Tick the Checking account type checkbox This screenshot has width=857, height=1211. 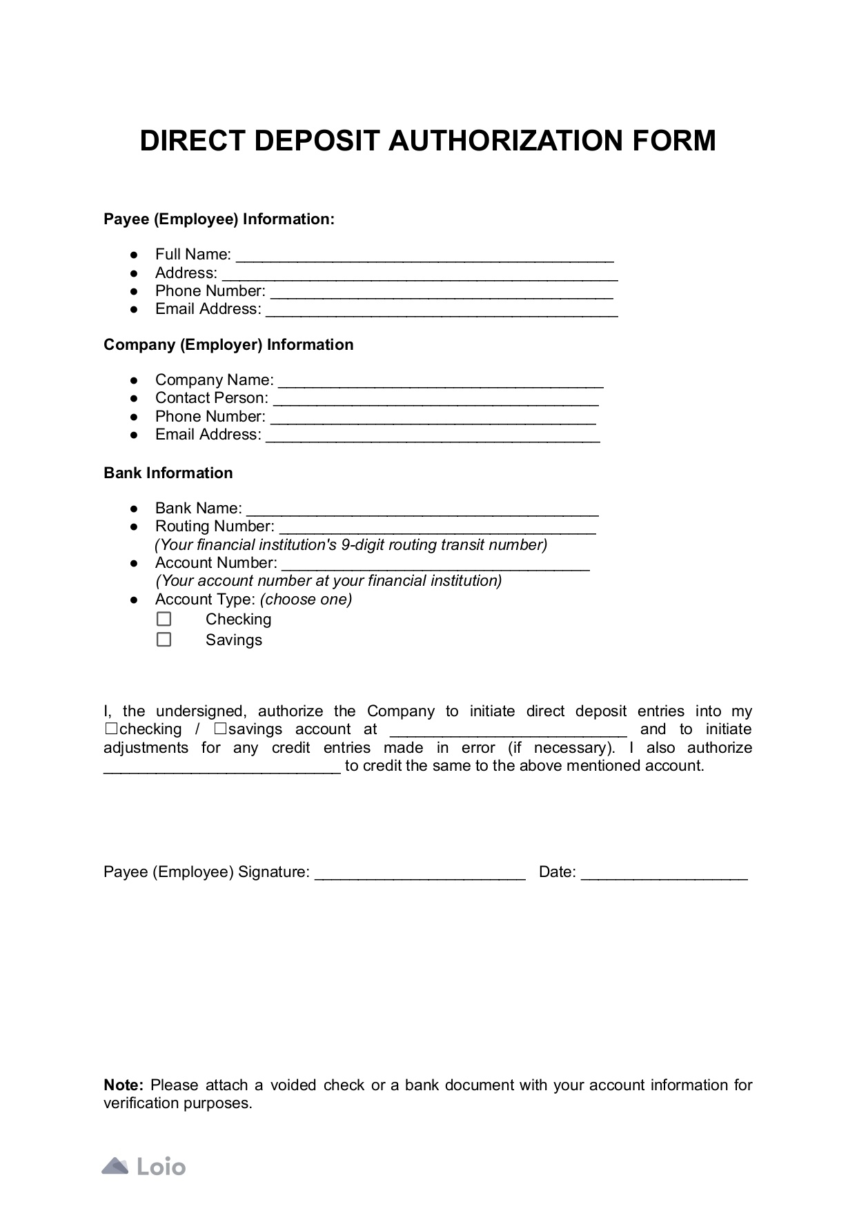(x=164, y=619)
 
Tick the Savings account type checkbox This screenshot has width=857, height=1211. (x=164, y=640)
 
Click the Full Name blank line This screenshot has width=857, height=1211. (x=424, y=257)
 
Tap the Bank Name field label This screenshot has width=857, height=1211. (x=198, y=509)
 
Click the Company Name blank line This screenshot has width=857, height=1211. (x=441, y=382)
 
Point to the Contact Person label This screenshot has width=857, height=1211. (x=211, y=398)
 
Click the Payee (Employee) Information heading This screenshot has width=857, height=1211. (x=219, y=219)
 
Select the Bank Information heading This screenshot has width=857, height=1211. (x=168, y=473)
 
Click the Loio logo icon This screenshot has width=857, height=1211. (x=115, y=1166)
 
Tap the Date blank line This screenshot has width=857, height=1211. (x=664, y=874)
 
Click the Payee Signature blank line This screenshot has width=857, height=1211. (x=420, y=874)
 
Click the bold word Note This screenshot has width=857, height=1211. (x=123, y=1085)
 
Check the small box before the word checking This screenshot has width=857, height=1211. (x=110, y=729)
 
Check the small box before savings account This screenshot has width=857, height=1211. (x=220, y=729)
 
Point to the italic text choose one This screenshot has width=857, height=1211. (x=306, y=600)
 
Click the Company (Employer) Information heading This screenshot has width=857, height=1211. (x=228, y=345)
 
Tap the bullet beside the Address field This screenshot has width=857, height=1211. (x=134, y=273)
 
